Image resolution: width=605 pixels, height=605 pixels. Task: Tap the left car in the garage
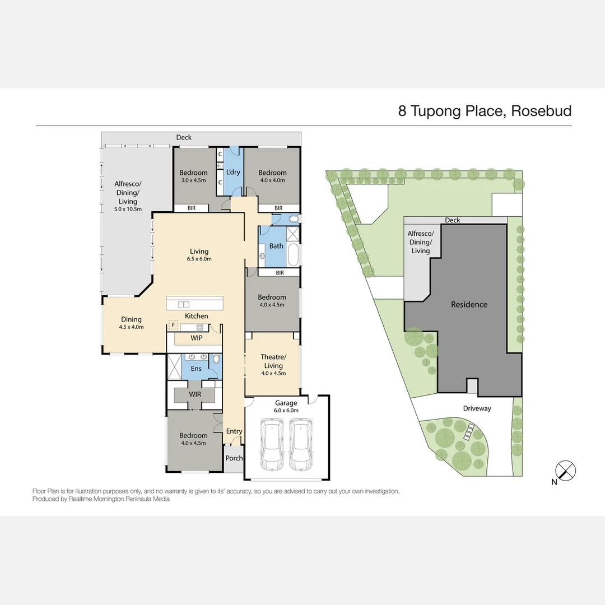[272, 445]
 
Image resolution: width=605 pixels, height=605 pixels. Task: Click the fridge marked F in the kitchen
[173, 324]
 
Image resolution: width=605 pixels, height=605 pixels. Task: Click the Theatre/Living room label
[273, 361]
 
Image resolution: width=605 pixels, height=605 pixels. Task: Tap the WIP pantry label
[196, 338]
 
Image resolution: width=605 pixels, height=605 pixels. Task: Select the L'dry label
[232, 172]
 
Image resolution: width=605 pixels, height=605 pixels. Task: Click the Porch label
[234, 458]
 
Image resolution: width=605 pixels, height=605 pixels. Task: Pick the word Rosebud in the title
[542, 111]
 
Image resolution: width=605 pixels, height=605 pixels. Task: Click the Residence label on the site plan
[469, 305]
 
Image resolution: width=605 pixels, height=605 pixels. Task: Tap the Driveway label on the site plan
[477, 408]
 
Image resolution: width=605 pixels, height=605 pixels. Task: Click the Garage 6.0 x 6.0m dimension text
[286, 410]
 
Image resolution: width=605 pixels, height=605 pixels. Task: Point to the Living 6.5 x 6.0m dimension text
[199, 259]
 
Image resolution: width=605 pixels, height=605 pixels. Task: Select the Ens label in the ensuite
[196, 369]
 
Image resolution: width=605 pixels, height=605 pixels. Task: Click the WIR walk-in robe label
[195, 395]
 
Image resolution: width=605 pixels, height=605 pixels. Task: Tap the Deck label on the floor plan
[184, 137]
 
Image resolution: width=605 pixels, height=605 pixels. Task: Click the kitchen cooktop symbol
[199, 327]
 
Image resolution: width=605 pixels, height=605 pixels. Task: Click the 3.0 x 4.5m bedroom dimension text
[193, 180]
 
